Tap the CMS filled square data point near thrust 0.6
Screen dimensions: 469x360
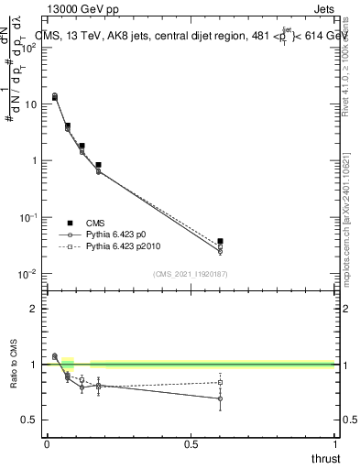220,241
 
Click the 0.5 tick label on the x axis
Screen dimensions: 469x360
191,444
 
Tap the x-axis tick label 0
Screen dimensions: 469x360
47,444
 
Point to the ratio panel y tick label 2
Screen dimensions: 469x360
34,309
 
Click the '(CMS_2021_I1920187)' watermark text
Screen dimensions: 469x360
190,274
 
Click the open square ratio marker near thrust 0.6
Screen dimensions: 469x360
220,383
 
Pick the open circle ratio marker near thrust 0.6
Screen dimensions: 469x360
220,398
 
